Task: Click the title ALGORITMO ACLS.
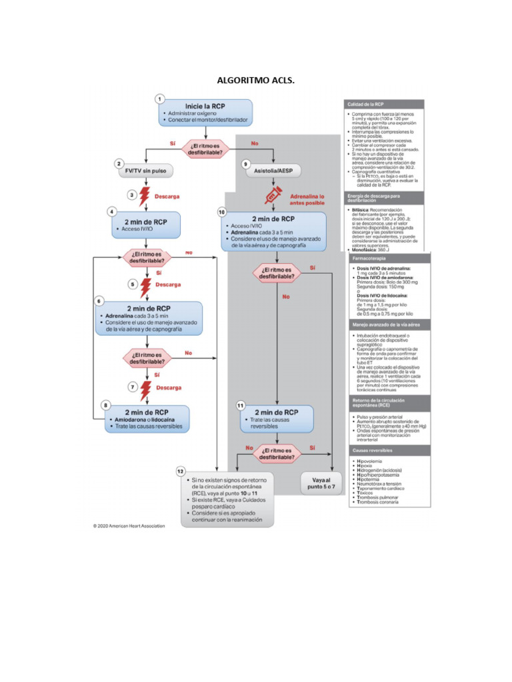pos(256,81)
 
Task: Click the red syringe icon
pos(273,196)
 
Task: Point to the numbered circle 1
pos(160,99)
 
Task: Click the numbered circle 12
pos(181,472)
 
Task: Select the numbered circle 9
pos(246,164)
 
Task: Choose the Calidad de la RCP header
pos(383,105)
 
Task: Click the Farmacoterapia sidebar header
pos(383,258)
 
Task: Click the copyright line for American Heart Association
pos(129,526)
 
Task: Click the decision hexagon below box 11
pos(277,453)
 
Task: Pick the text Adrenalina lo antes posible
pos(307,200)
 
